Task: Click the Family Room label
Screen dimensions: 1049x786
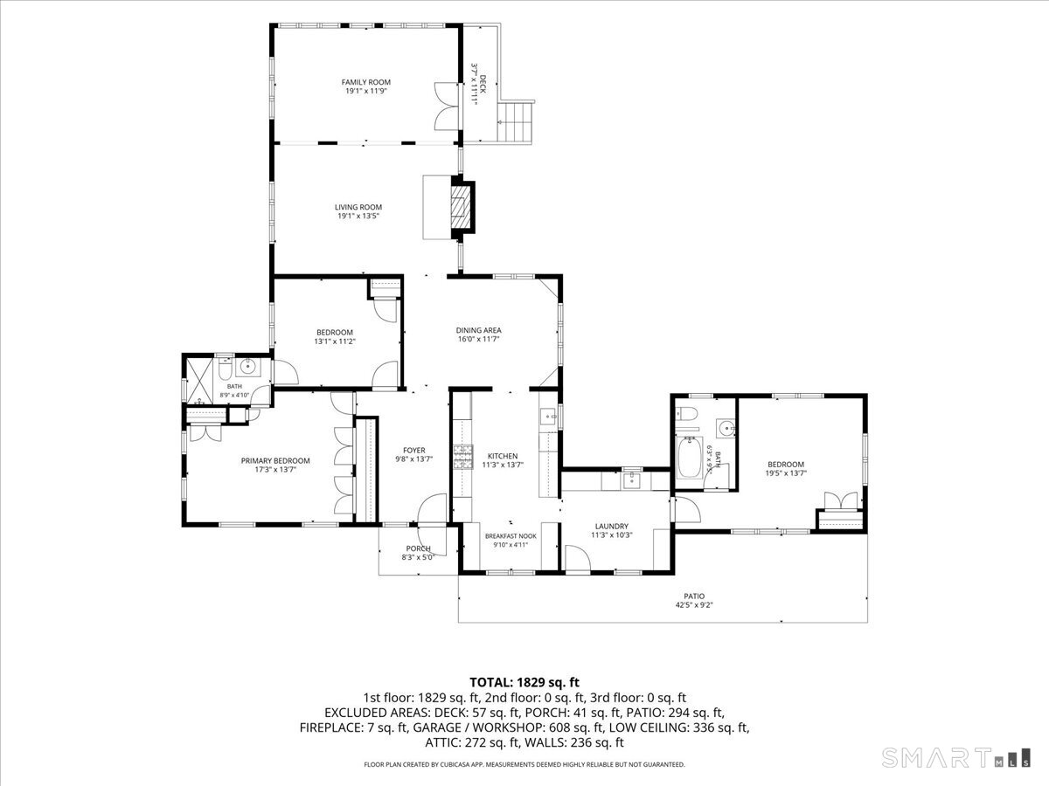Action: point(365,82)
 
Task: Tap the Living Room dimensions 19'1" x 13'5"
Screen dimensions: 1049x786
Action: point(358,217)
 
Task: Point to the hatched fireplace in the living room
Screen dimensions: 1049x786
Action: point(461,207)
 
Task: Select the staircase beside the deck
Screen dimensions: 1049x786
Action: point(515,121)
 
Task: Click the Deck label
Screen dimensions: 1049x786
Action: point(483,84)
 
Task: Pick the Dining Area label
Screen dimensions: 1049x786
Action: point(478,330)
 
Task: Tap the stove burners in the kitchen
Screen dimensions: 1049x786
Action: point(463,457)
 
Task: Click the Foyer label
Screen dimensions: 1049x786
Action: point(413,450)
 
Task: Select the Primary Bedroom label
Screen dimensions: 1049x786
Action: point(275,460)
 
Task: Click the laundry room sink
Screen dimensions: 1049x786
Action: point(632,480)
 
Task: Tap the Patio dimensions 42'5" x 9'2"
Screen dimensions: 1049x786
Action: point(694,605)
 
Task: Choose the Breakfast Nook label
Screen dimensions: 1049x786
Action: point(511,536)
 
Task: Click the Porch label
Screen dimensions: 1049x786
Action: point(418,548)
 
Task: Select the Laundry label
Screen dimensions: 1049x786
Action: point(612,526)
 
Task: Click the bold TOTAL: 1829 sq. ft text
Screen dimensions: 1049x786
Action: point(524,682)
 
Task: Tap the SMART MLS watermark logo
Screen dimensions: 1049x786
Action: point(955,757)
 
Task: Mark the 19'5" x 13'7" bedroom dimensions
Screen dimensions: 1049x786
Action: point(786,473)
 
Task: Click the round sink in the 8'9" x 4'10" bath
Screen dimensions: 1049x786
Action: point(248,367)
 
